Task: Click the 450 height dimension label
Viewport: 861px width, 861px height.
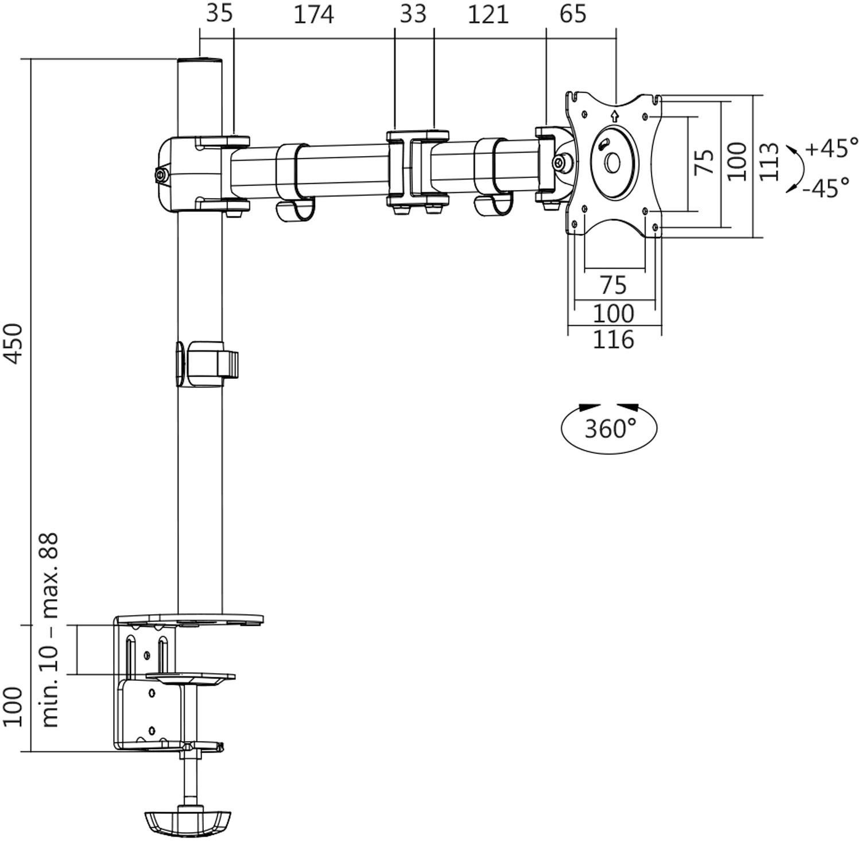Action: (x=14, y=343)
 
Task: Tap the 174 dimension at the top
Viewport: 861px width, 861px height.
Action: (x=313, y=15)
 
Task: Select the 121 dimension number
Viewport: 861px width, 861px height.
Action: (x=488, y=15)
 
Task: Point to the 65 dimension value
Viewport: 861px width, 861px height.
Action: (x=572, y=14)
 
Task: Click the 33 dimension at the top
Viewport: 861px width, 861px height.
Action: (x=413, y=14)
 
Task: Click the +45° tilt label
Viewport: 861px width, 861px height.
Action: (x=832, y=148)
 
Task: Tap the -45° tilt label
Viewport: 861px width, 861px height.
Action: (x=827, y=187)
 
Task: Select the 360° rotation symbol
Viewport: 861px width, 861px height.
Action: (x=609, y=428)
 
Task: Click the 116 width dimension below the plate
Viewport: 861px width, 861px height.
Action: (x=613, y=340)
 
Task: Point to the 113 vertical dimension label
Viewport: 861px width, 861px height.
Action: (x=770, y=162)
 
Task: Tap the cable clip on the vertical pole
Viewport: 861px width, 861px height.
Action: (x=207, y=364)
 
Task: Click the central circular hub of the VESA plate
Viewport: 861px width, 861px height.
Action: (x=612, y=163)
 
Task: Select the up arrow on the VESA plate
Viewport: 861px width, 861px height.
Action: (x=615, y=117)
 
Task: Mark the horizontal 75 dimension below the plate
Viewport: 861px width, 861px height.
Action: (x=613, y=285)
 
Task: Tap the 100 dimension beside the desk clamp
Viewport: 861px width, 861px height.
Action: (x=14, y=706)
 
